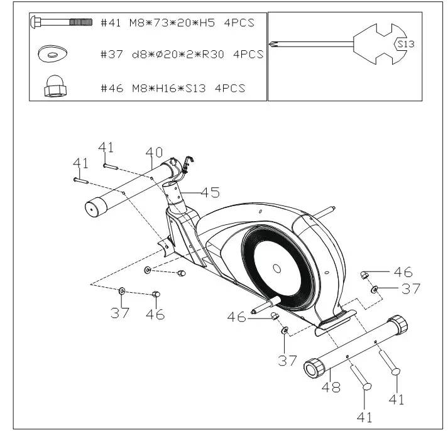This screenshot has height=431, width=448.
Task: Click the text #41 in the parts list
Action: [x=112, y=23]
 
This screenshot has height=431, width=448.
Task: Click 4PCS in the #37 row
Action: [x=248, y=55]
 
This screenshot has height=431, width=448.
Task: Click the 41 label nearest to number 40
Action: [x=106, y=148]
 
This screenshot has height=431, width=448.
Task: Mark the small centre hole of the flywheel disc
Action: [x=276, y=268]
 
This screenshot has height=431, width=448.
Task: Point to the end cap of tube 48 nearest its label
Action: [x=312, y=367]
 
